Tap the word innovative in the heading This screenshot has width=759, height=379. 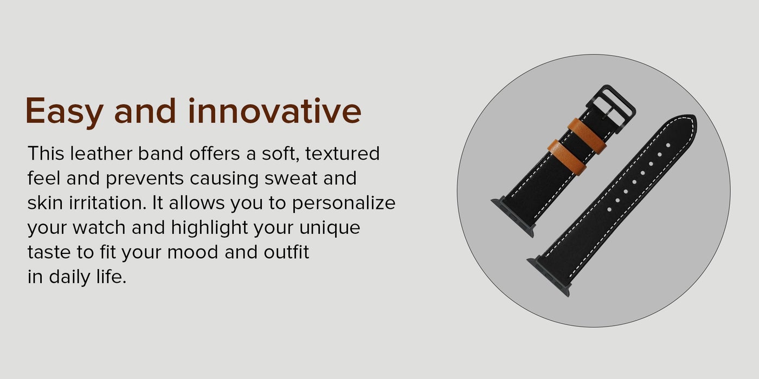275,110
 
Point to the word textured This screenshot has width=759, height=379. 342,153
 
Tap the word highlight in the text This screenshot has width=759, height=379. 209,228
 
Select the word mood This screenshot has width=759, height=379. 192,252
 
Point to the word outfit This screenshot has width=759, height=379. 286,252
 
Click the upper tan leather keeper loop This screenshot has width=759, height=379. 587,135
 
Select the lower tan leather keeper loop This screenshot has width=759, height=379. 567,157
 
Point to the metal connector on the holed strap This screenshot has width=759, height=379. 548,277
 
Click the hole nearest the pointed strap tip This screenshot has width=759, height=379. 668,145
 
